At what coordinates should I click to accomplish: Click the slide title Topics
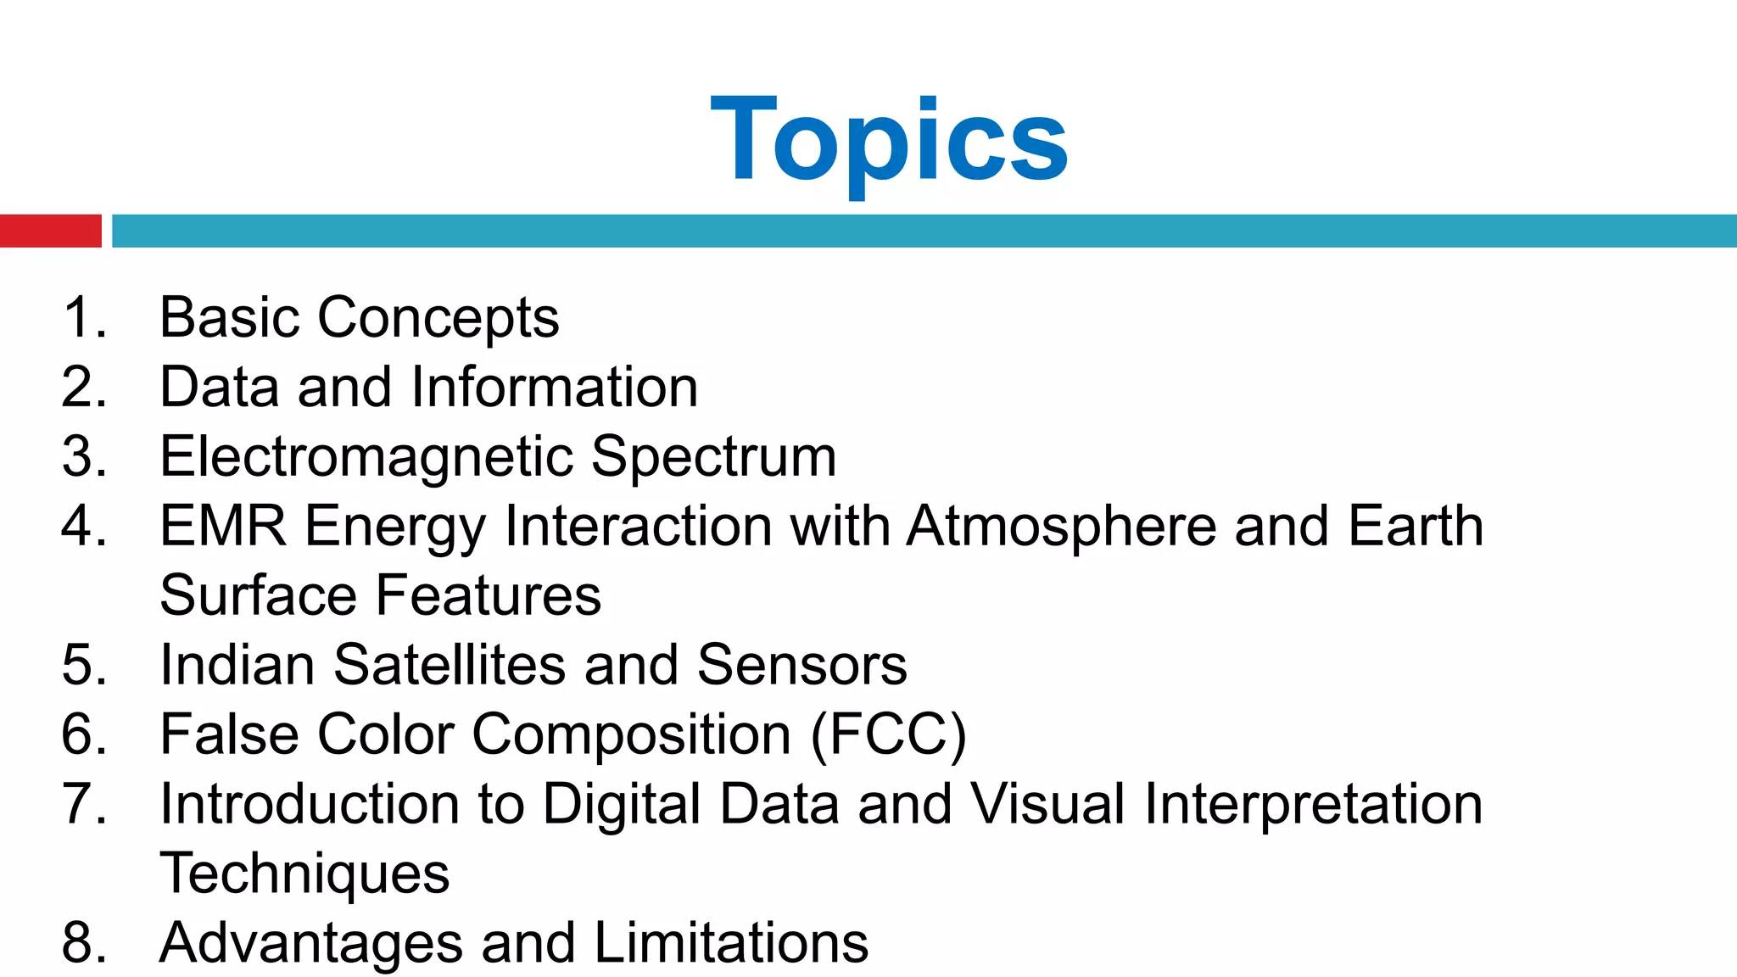(x=889, y=140)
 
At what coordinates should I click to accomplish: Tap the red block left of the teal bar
(x=50, y=231)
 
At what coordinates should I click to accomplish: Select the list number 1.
(x=83, y=318)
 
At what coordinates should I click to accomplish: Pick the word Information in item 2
(x=555, y=388)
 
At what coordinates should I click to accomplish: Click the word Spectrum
(x=713, y=458)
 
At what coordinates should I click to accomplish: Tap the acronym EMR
(x=223, y=526)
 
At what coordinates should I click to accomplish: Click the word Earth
(x=1416, y=526)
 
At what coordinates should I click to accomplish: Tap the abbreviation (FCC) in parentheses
(x=889, y=734)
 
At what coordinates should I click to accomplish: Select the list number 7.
(x=83, y=804)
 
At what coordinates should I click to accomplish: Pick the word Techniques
(x=304, y=874)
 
